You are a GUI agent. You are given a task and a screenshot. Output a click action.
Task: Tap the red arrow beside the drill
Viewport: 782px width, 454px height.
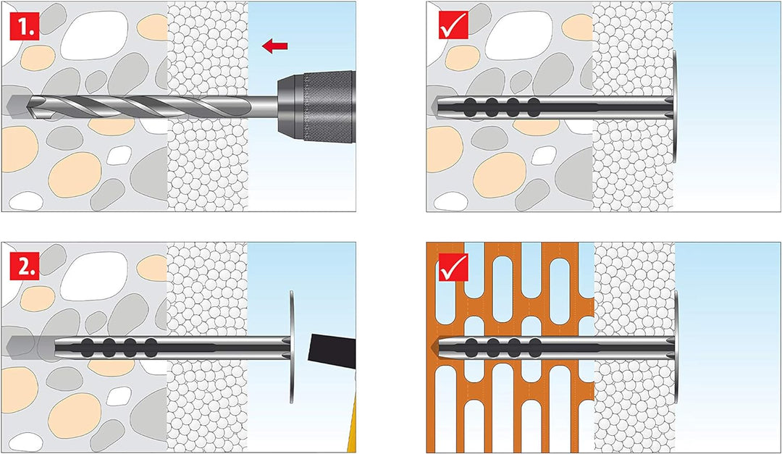(274, 46)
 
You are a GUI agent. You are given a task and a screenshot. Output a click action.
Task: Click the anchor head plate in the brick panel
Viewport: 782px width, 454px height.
(676, 347)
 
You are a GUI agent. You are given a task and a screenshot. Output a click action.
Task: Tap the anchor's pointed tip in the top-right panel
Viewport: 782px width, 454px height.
(440, 106)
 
